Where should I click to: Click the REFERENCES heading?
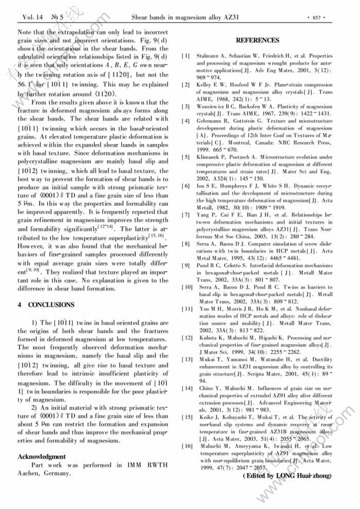pyautogui.click(x=257, y=40)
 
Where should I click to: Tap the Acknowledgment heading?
pyautogui.click(x=42, y=456)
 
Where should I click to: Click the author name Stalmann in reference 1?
pyautogui.click(x=208, y=56)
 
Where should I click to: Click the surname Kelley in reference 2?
pyautogui.click(x=206, y=85)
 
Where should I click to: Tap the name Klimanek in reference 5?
pyautogui.click(x=210, y=157)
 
